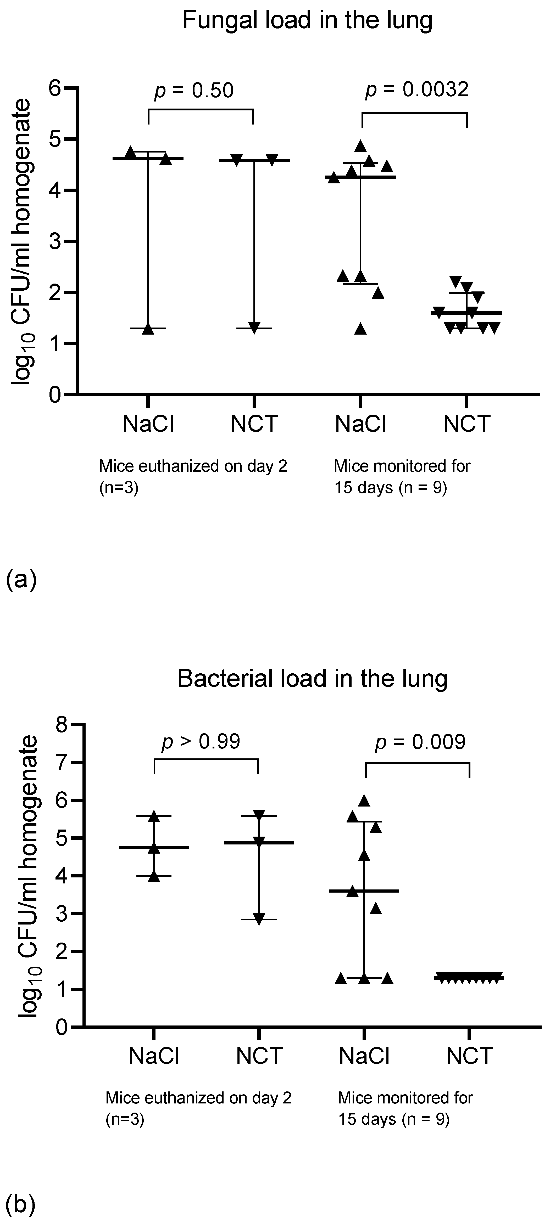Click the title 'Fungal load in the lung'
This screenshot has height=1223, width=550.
307,21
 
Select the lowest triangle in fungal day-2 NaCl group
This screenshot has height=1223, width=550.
148,329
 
